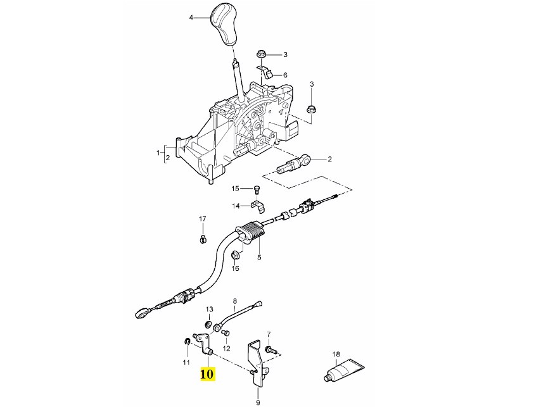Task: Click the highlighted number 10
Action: click(x=207, y=374)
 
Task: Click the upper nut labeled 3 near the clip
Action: click(x=261, y=54)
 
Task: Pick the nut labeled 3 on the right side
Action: click(x=311, y=110)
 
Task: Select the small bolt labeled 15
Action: click(x=257, y=188)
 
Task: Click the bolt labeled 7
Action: click(x=270, y=348)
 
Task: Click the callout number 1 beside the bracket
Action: click(x=158, y=153)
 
